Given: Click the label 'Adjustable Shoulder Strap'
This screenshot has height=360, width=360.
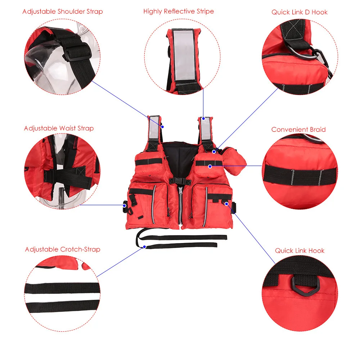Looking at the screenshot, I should (x=62, y=12).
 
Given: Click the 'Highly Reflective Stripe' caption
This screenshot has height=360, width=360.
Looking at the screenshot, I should (x=179, y=11).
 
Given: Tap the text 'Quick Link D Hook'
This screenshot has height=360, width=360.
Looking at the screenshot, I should (x=300, y=12).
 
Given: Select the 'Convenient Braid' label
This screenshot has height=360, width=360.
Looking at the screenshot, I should (x=298, y=129).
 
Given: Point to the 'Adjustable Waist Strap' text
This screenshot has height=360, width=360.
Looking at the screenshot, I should (x=59, y=128).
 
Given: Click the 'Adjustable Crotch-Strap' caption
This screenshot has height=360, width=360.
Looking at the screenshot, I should (x=63, y=249).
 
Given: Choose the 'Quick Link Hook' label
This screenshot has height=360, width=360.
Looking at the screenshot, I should (x=300, y=251).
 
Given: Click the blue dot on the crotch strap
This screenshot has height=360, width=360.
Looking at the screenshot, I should (x=144, y=247).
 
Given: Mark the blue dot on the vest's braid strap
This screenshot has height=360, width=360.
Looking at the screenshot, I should (x=210, y=166).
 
